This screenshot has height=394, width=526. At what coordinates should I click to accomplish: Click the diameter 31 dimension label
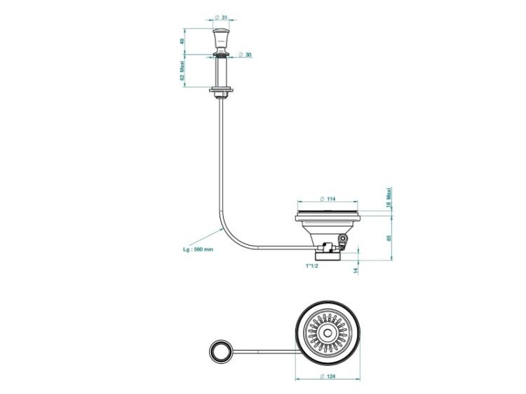[x=220, y=17]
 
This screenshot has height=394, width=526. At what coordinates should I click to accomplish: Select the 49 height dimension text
[x=182, y=41]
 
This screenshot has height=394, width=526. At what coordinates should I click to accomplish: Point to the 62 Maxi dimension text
[x=182, y=71]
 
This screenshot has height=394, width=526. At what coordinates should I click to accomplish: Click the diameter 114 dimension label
[x=328, y=199]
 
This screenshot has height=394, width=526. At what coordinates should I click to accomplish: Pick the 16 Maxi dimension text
[x=389, y=198]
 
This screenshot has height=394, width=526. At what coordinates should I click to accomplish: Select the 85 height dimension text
[x=389, y=238]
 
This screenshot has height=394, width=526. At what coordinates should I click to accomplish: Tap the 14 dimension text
[x=356, y=270]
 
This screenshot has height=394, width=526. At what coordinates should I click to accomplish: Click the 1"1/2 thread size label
[x=311, y=266]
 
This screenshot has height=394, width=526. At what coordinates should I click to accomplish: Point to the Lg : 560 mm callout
[x=198, y=249]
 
